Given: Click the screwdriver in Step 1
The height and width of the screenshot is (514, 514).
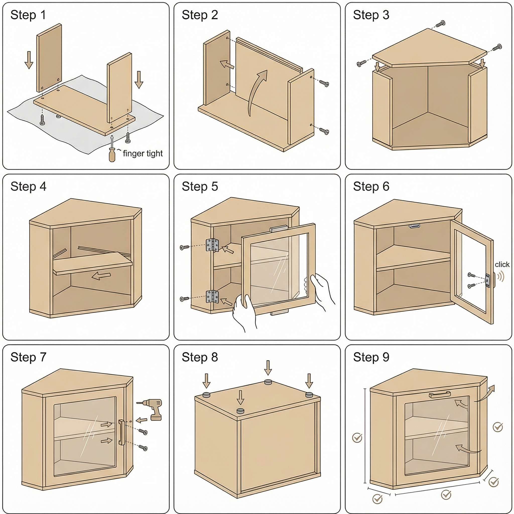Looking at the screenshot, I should click(x=112, y=152).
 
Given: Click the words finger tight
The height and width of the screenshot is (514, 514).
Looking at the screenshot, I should click(x=143, y=154).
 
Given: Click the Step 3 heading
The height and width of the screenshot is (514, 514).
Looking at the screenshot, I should click(x=371, y=15).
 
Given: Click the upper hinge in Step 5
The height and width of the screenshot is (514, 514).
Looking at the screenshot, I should click(x=212, y=245).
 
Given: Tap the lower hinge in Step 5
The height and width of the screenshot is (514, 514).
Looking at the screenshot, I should click(x=212, y=297).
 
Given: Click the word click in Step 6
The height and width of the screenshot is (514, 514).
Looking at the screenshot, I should click(x=502, y=265).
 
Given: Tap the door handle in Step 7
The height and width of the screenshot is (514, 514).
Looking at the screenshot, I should click(x=121, y=432).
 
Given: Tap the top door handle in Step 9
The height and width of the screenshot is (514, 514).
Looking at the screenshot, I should click(x=440, y=395).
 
